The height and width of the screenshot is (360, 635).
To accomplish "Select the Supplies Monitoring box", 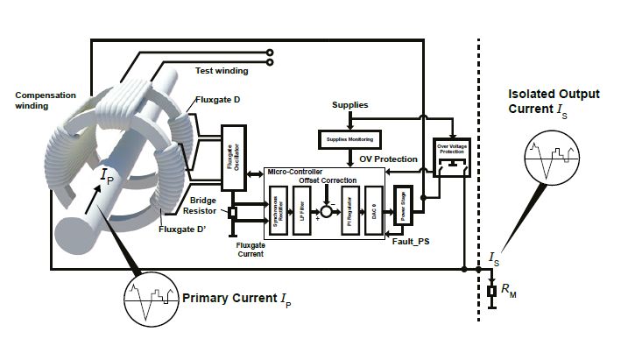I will (x=344, y=138).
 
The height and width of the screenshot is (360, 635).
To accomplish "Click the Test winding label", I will (x=220, y=70).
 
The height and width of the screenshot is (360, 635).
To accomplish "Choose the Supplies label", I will (x=350, y=105).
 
